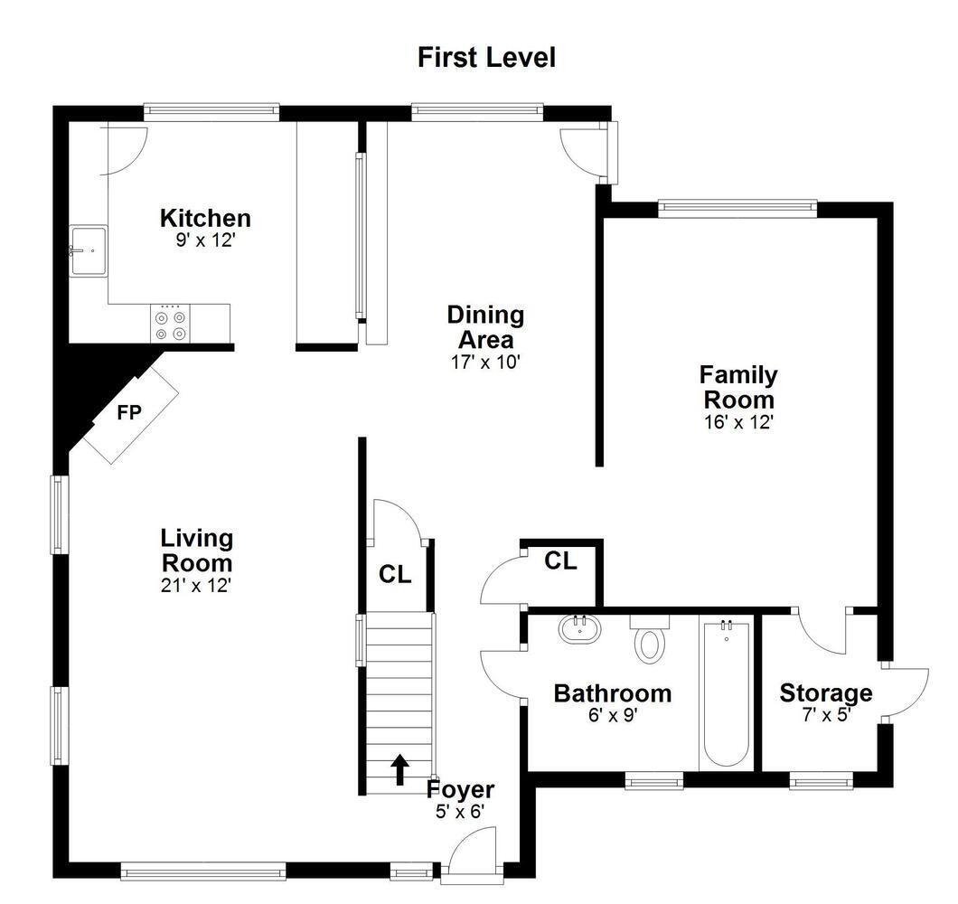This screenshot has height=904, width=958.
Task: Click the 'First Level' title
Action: [487, 58]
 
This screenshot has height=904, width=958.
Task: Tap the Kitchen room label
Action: [205, 218]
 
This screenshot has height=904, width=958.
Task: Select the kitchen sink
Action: [88, 250]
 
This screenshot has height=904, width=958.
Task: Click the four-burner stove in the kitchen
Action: [170, 324]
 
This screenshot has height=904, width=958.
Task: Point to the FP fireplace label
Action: [129, 413]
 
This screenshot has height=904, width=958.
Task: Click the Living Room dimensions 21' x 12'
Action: [196, 586]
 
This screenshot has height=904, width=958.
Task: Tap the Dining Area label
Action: [485, 327]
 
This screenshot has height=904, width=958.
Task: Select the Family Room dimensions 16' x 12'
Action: [739, 422]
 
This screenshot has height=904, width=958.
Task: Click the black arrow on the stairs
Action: [400, 769]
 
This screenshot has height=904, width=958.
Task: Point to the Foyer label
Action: [460, 790]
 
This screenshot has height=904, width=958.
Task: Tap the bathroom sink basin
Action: [579, 628]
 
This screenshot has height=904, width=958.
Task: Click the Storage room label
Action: [826, 693]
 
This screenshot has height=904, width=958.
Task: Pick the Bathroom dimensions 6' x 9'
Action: [613, 714]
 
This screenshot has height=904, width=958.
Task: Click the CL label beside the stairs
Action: [395, 575]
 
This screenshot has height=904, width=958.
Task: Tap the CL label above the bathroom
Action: [561, 560]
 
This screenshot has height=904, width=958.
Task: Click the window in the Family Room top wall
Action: [737, 209]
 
